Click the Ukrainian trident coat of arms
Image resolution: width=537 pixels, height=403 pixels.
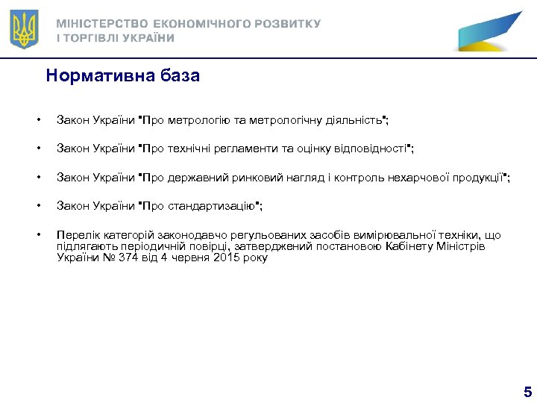(x=25, y=30)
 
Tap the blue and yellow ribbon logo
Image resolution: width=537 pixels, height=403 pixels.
(x=489, y=31)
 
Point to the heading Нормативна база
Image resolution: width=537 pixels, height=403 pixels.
(x=122, y=76)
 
